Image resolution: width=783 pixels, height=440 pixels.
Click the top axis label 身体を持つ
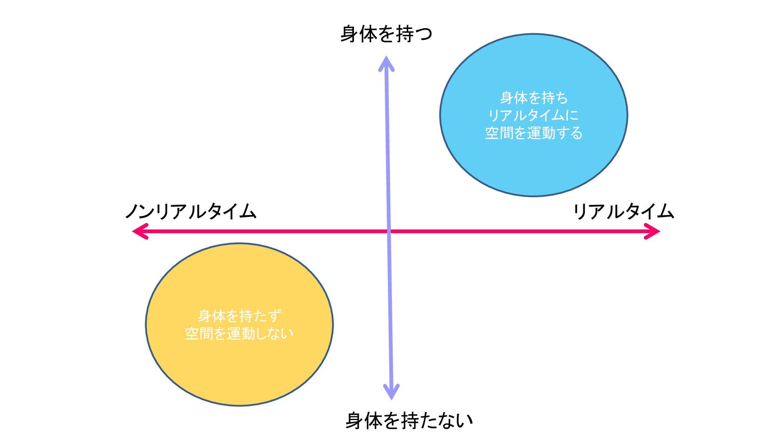(386, 34)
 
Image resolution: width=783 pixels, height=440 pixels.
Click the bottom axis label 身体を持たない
(409, 420)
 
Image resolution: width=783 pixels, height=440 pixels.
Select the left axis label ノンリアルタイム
(191, 211)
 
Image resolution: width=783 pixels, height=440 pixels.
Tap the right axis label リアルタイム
(624, 211)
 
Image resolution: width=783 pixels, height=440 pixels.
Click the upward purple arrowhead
(386, 63)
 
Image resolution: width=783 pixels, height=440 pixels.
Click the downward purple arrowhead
(391, 392)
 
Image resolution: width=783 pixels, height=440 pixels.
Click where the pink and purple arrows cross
(389, 231)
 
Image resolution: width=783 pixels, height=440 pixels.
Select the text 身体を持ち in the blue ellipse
(534, 98)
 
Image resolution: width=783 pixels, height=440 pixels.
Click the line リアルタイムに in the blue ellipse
(534, 115)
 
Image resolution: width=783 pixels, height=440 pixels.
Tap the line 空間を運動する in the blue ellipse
(534, 133)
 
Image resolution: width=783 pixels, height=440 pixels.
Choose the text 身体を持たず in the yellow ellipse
(239, 316)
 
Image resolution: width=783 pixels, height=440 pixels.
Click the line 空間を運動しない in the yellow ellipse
(239, 334)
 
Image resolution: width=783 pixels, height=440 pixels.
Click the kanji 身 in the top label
(349, 34)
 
